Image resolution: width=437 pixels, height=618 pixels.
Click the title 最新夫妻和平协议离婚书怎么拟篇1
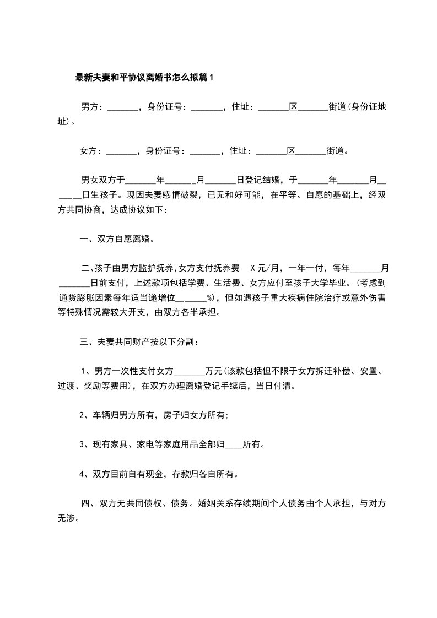point(144,78)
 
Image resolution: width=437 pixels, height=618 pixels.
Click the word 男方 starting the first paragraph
point(90,107)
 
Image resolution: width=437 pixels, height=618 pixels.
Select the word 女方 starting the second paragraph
point(89,150)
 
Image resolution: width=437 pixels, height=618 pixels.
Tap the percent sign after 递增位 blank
point(209,298)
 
